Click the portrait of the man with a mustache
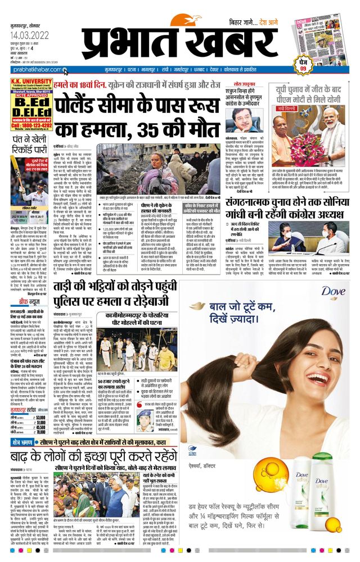[243, 117]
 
